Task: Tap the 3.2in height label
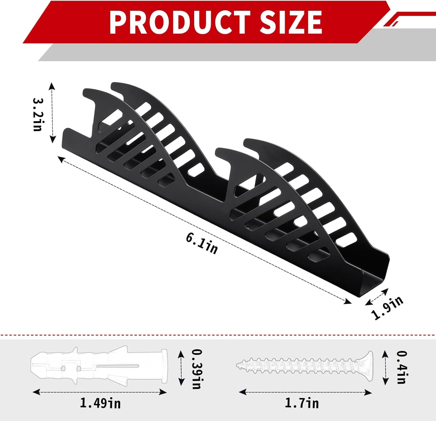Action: pos(38,114)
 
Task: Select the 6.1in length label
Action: pos(202,243)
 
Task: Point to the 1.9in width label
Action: pos(387,308)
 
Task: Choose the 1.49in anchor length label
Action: pos(100,403)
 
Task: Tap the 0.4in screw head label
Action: pos(402,367)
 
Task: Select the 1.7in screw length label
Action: pos(302,403)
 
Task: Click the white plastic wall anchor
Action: pos(100,366)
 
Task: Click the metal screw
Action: pos(305,366)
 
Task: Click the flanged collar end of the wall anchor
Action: pos(164,366)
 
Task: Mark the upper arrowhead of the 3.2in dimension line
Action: pos(52,85)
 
